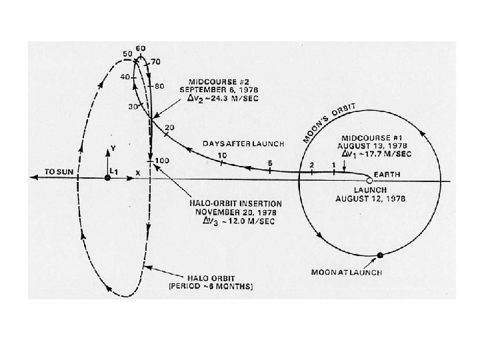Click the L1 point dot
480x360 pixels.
108,178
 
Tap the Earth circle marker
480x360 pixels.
369,180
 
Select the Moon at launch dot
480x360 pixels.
380,255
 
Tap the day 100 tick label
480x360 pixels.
162,161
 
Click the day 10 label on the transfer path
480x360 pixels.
221,155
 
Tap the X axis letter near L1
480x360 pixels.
138,173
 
